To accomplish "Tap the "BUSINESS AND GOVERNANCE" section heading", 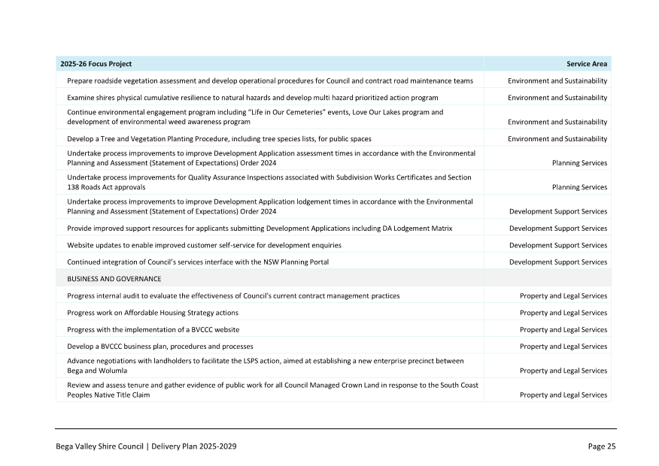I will coord(114,279).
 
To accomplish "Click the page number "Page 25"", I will coord(601,446).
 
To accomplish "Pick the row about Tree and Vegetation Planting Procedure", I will coord(219,139).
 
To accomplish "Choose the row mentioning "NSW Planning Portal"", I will coord(198,262).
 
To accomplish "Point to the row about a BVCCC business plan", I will coord(160,346).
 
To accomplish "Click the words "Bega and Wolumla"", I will coord(97,371).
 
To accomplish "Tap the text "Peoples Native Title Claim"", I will coord(108,395).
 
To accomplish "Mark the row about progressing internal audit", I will coord(233,296).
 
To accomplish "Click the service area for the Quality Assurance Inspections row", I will coord(579,187).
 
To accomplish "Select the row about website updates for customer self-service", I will coord(204,245).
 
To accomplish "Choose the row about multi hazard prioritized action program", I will coord(253,98).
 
